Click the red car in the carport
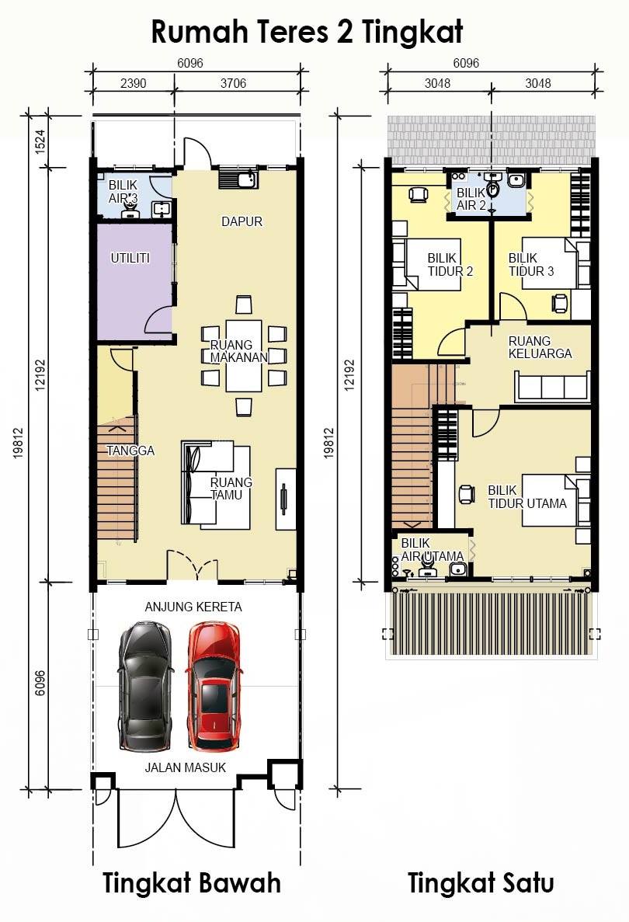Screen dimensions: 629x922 click(x=213, y=687)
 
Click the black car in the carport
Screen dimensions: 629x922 click(x=146, y=687)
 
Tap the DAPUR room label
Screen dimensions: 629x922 click(x=242, y=221)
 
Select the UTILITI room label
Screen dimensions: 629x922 click(x=130, y=258)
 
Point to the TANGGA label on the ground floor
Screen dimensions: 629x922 click(x=130, y=451)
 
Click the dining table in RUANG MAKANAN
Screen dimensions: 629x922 click(x=244, y=355)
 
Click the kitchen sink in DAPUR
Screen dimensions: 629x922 click(x=238, y=178)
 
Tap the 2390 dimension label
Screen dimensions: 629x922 click(x=134, y=83)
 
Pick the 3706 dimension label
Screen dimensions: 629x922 click(x=234, y=83)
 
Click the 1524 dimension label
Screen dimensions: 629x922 click(x=40, y=141)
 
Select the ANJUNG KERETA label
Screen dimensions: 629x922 click(x=193, y=607)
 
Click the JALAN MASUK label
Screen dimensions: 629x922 click(x=185, y=767)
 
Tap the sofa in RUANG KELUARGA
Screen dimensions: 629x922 click(x=552, y=386)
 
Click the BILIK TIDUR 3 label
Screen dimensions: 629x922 click(x=531, y=265)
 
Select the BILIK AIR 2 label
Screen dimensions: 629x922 click(x=471, y=199)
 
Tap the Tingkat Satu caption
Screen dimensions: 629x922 click(x=481, y=883)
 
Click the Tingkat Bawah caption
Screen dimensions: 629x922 click(x=192, y=883)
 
